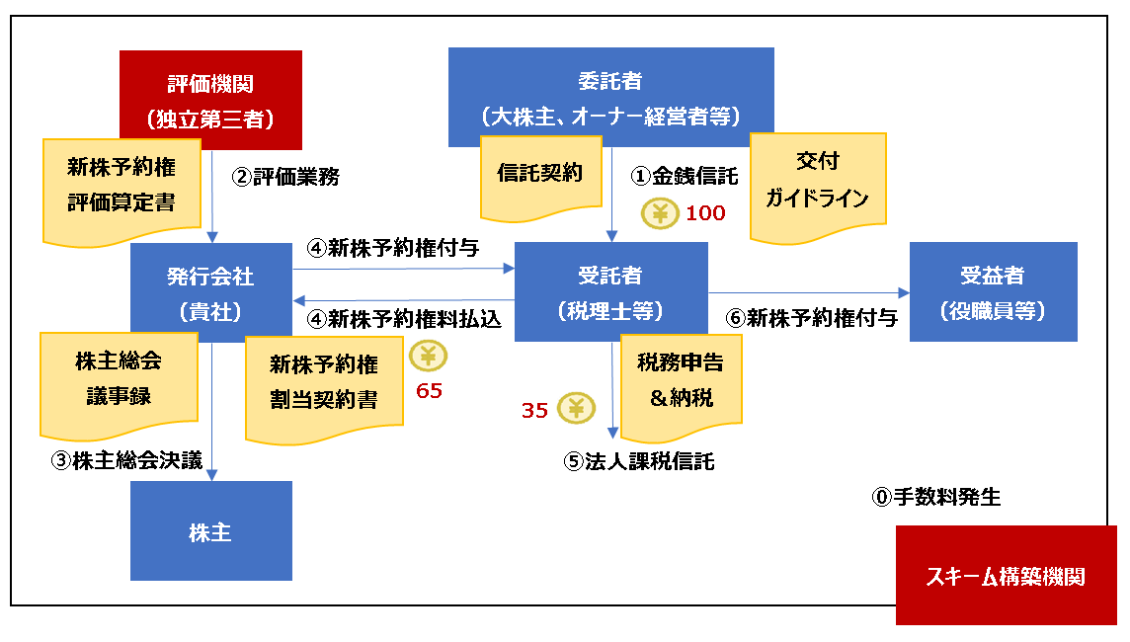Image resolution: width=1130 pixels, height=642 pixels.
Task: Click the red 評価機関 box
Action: point(210,94)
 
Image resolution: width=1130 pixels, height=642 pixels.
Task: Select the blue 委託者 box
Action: point(610,97)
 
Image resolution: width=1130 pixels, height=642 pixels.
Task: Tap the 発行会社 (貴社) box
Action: point(210,292)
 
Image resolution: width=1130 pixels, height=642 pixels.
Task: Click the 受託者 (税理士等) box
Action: point(610,292)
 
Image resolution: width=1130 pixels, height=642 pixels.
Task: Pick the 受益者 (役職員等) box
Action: point(993,292)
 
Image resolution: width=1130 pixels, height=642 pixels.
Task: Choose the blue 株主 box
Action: point(210,531)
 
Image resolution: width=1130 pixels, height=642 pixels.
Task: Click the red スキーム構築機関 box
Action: point(1006,576)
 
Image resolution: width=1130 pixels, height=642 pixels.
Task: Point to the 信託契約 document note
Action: point(539,175)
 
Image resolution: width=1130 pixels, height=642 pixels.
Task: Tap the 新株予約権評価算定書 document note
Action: point(121,186)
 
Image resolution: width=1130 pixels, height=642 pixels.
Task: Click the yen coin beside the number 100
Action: point(659,213)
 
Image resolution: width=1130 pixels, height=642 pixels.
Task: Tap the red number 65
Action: point(429,391)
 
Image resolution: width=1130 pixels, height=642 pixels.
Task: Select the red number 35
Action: point(534,410)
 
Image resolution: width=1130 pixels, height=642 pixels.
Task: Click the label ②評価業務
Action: point(285,177)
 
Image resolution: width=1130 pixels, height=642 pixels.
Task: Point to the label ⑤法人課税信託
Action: point(639,461)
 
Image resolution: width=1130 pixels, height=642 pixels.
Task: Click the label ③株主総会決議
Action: point(126,460)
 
